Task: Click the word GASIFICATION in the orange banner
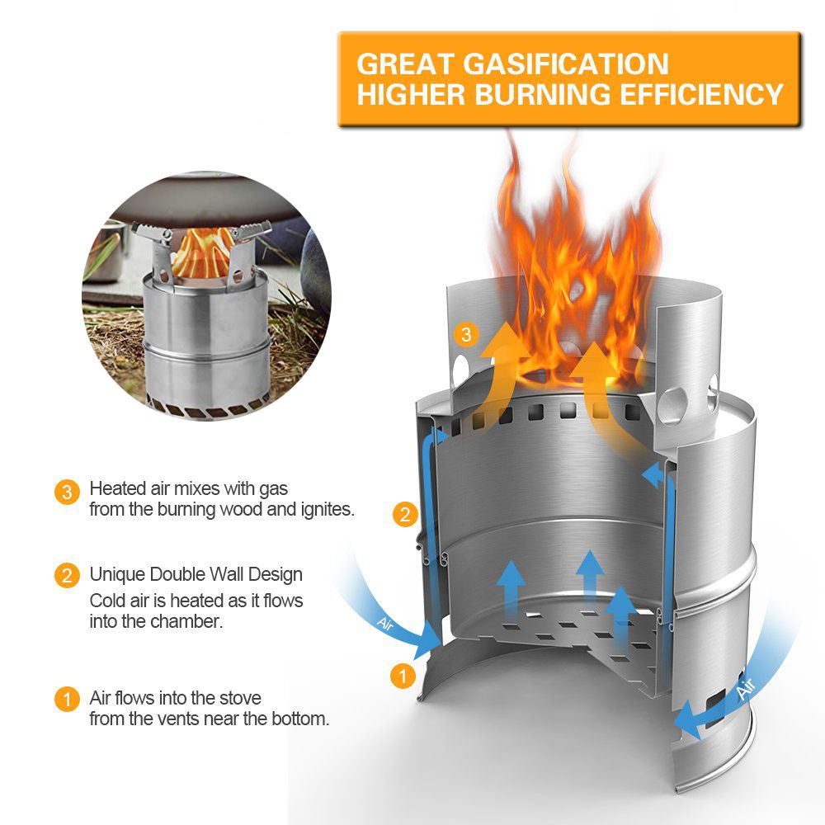click(x=566, y=64)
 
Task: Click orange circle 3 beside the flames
click(x=466, y=335)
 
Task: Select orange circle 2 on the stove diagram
click(x=405, y=514)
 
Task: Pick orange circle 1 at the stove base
click(x=403, y=676)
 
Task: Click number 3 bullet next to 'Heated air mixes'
click(x=67, y=492)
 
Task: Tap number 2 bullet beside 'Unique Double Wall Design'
click(x=67, y=576)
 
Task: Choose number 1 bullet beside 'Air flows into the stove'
click(x=67, y=700)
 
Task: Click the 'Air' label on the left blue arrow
click(x=385, y=624)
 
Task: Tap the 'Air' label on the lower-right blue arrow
click(x=746, y=689)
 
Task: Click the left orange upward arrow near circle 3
click(x=501, y=368)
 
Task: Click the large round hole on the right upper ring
click(x=673, y=407)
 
